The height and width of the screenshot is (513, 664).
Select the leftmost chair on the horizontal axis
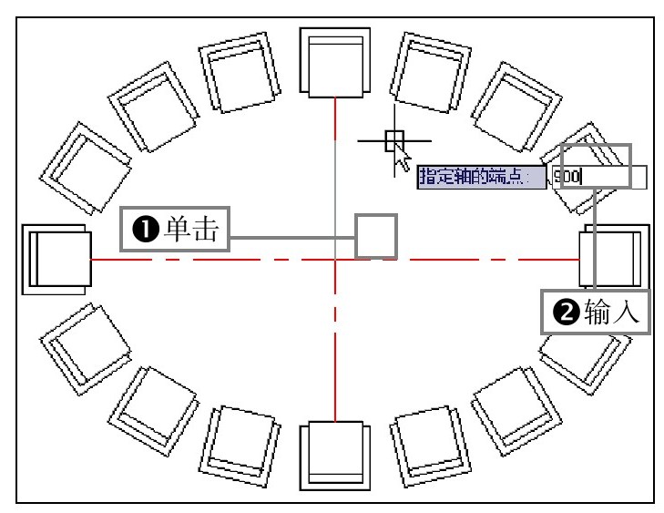point(56,260)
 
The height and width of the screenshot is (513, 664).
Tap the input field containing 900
point(597,177)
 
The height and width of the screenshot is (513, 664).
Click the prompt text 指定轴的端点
point(478,177)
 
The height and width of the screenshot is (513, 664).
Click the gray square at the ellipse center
point(375,236)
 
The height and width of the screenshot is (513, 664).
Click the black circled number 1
point(145,233)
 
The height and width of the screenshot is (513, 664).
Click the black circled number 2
point(566,313)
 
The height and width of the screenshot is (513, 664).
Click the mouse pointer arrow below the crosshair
point(402,160)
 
